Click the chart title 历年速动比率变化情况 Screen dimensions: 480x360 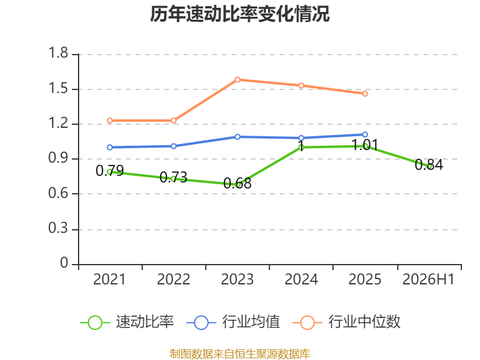(x=239, y=14)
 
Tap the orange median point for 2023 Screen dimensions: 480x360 (x=237, y=80)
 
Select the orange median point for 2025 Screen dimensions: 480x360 (x=365, y=94)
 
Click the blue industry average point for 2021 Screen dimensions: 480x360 (x=110, y=147)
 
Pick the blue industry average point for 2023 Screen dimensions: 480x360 (x=237, y=137)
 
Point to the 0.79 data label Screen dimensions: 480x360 (x=110, y=170)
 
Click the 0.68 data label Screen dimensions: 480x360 (x=237, y=184)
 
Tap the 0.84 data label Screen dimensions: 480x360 (x=429, y=164)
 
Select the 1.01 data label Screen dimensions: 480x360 (x=365, y=145)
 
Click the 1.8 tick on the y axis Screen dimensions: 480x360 (x=58, y=53)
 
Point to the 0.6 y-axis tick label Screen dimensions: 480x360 (x=58, y=193)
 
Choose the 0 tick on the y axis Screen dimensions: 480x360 (x=64, y=263)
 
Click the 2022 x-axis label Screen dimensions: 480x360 (x=173, y=279)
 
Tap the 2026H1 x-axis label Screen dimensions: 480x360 (x=428, y=279)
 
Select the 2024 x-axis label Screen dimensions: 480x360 (x=301, y=279)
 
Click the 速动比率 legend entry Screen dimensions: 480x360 (x=127, y=322)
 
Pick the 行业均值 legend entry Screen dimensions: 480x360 (x=233, y=322)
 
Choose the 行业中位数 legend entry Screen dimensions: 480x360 (x=347, y=322)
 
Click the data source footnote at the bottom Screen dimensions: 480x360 (x=240, y=354)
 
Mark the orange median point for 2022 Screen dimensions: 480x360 (x=173, y=121)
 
